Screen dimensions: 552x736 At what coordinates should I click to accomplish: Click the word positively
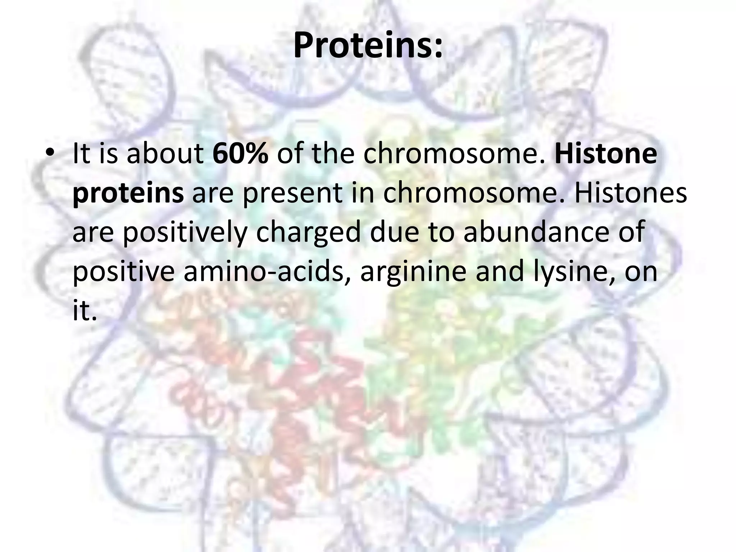pos(185,233)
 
